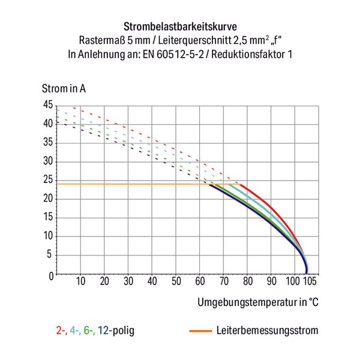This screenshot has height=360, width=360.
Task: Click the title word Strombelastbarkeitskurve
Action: coord(179,27)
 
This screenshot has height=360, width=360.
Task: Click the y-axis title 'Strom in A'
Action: coord(64,89)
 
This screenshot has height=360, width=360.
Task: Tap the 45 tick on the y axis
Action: coord(47,105)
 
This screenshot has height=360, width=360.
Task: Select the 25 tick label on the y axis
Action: coord(47,181)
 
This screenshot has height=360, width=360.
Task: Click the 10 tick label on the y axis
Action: coord(47,237)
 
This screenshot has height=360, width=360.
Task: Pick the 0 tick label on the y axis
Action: coord(50,275)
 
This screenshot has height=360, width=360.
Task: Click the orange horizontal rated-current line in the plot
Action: coord(132,184)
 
